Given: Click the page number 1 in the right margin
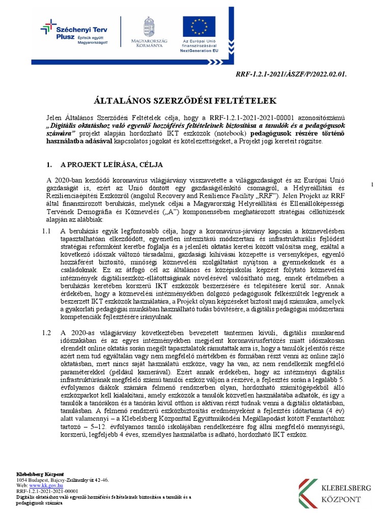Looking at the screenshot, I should coord(372,184).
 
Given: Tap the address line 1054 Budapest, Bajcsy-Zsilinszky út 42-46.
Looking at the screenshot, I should coord(62,480).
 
